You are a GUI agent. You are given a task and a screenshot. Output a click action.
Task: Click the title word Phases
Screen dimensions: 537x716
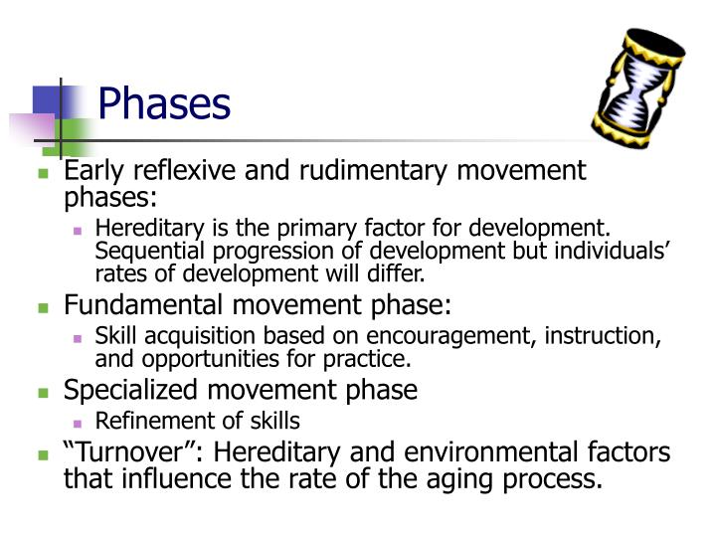165,103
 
